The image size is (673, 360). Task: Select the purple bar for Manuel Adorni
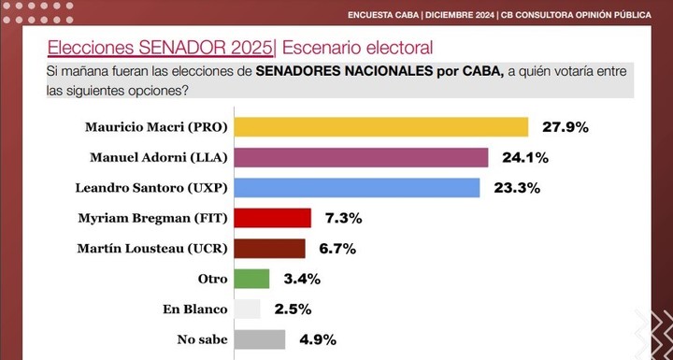point(361,157)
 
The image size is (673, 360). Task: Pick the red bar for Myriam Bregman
point(272,218)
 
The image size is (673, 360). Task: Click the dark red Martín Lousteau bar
point(269,248)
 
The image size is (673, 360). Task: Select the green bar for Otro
point(251,279)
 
